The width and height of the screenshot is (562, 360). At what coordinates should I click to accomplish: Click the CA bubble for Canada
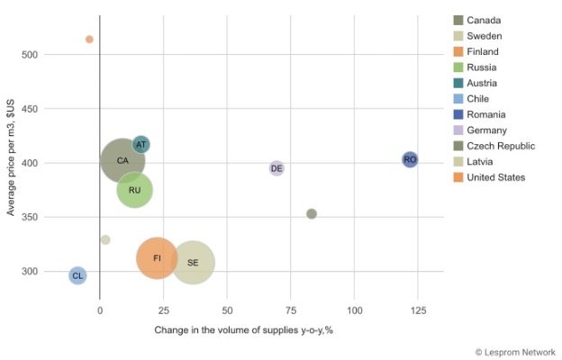tap(122, 161)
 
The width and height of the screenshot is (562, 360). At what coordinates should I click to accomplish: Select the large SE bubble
tap(193, 263)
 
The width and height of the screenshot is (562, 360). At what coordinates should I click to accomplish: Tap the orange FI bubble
tap(157, 258)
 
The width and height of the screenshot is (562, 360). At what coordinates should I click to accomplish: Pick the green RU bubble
tap(134, 190)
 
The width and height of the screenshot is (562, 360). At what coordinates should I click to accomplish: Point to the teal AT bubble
tap(140, 145)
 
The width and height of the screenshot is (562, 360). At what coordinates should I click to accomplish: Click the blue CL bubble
tap(77, 275)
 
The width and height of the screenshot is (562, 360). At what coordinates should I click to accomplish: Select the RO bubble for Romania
tap(410, 159)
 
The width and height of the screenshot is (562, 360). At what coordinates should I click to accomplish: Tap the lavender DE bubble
tap(276, 168)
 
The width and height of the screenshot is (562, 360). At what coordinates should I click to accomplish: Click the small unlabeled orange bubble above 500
tap(89, 40)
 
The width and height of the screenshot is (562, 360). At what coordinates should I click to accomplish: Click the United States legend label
tap(496, 177)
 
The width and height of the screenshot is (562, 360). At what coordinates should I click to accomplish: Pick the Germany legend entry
tap(487, 130)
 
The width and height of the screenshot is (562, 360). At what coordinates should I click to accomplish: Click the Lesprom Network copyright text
tap(515, 352)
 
